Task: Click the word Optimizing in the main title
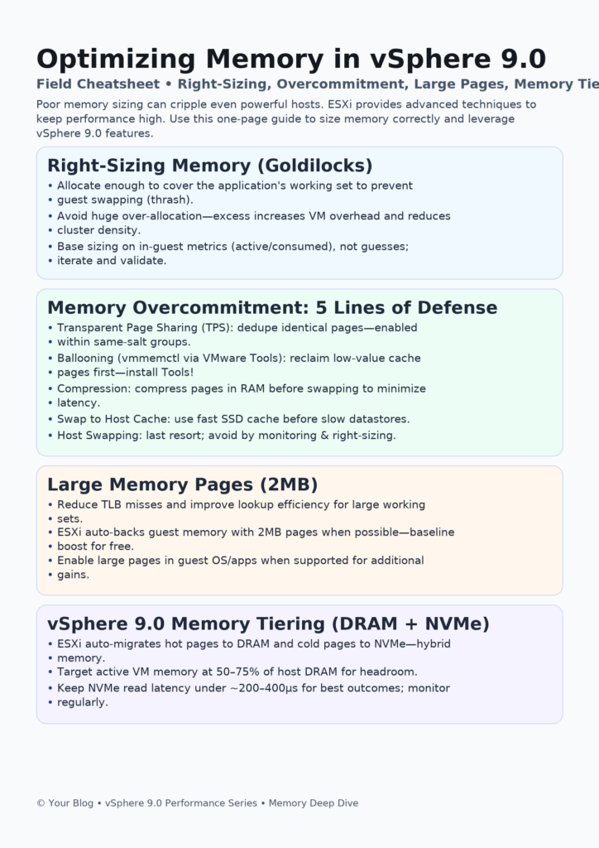pos(116,60)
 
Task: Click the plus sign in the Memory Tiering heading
pos(410,624)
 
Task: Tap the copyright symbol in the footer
pos(41,803)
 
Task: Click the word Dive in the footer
pos(348,803)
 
